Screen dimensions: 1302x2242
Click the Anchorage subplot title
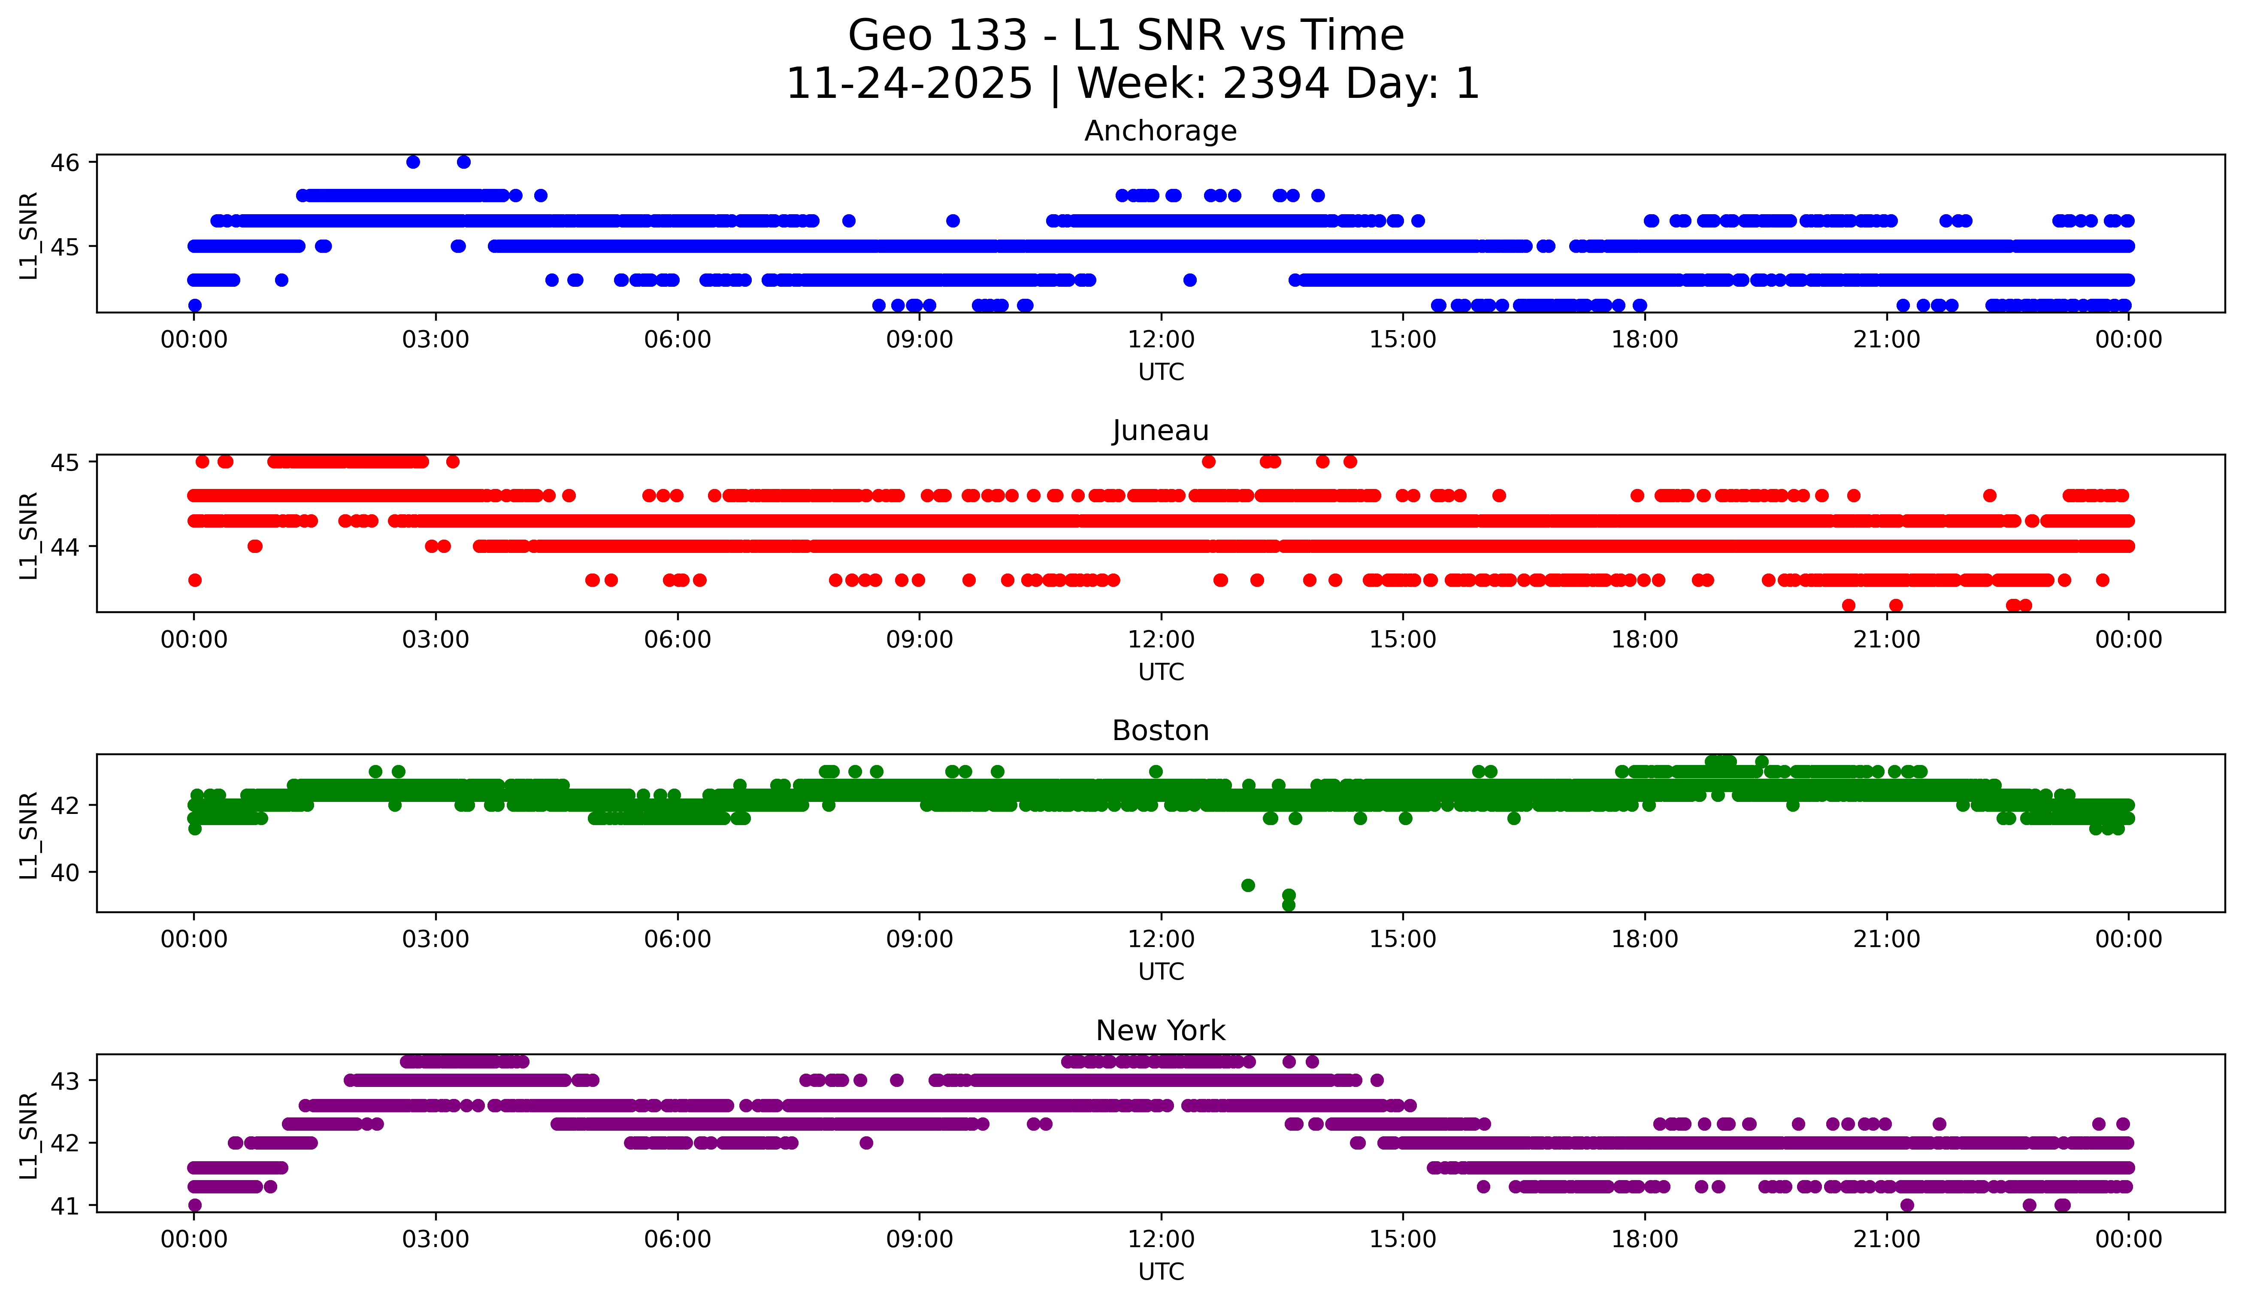pos(1160,131)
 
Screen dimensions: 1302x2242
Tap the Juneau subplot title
pos(1160,431)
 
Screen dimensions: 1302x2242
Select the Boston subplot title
pos(1160,731)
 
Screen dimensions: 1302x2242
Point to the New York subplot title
pos(1160,1031)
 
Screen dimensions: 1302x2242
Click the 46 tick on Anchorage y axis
pos(65,162)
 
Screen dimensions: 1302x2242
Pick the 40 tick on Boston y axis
pos(65,872)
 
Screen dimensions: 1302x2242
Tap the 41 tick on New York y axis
pos(65,1206)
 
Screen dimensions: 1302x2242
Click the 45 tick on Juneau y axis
pos(65,462)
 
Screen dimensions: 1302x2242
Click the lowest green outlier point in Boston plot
pos(1288,905)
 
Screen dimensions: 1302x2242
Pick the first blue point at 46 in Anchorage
pos(413,162)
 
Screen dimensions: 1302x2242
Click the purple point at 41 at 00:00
pos(195,1205)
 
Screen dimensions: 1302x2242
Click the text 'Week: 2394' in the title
pos(1204,84)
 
